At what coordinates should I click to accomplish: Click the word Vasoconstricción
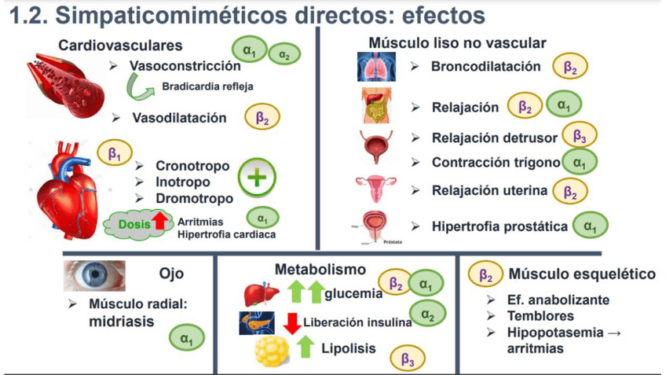[185, 66]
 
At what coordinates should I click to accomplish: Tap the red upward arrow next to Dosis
[159, 222]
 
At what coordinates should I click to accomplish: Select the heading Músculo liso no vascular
[457, 42]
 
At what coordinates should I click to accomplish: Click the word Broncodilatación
[485, 67]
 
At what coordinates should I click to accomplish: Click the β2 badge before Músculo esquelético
[485, 274]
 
